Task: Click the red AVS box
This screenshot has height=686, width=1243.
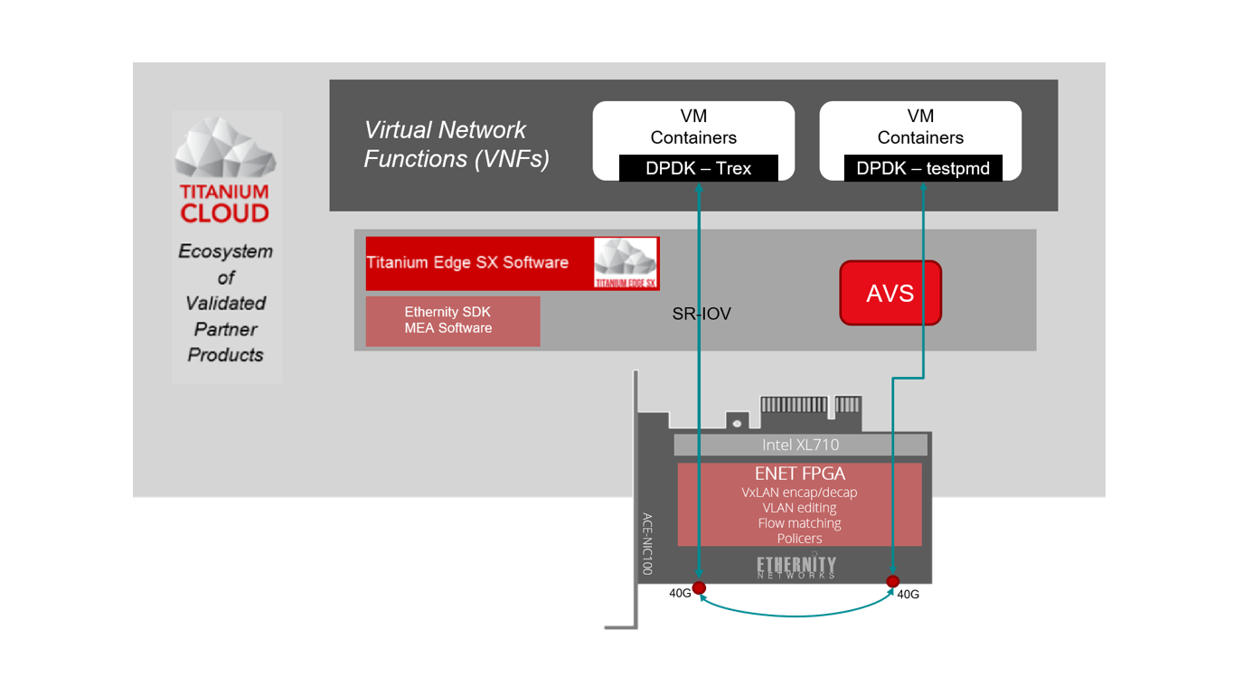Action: pos(890,293)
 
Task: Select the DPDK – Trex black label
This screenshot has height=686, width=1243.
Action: pos(698,169)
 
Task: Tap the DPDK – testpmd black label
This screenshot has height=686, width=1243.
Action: pos(923,169)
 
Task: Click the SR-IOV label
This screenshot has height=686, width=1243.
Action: pos(702,314)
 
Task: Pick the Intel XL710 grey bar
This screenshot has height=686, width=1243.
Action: pos(800,445)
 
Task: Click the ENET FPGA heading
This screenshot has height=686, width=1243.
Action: pos(800,474)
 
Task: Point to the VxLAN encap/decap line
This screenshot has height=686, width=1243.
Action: pos(799,493)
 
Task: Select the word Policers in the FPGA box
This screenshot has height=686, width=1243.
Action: pos(799,539)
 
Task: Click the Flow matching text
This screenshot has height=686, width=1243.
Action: pos(799,523)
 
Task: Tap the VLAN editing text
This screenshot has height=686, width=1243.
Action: pos(799,508)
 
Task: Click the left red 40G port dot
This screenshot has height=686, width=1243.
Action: pos(699,587)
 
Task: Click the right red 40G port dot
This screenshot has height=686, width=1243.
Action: pos(893,581)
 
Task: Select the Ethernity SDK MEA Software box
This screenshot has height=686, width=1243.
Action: pos(452,321)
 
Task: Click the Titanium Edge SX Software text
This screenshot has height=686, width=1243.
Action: pos(467,263)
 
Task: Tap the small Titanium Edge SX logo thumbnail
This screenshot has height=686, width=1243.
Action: pos(626,263)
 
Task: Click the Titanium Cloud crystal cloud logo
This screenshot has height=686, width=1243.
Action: pos(225,149)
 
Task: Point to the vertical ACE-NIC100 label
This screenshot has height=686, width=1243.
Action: pos(647,544)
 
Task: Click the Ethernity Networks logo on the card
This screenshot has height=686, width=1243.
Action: pos(796,567)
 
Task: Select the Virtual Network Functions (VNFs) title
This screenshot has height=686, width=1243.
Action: pos(457,145)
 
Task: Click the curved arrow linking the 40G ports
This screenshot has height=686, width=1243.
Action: pos(796,616)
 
